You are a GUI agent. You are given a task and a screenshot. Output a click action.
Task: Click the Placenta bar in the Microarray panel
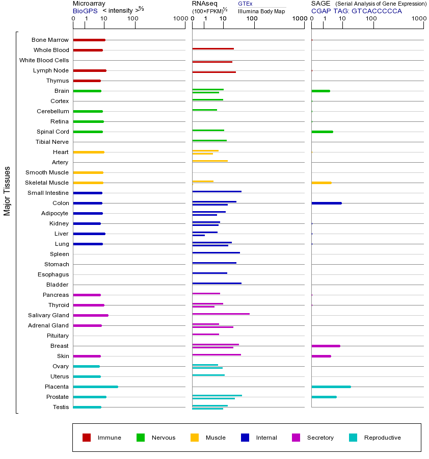pos(95,387)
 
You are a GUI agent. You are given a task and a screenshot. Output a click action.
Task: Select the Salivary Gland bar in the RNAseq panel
pos(221,314)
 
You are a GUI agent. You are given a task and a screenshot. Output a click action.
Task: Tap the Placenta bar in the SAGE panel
pos(331,387)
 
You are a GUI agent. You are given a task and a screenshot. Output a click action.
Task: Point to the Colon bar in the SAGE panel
pos(326,203)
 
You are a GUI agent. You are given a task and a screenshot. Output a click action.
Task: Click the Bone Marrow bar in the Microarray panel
pos(89,40)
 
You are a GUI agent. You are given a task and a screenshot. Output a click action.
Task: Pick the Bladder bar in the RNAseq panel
pos(217,283)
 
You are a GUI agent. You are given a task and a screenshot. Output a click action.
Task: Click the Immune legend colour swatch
pos(87,438)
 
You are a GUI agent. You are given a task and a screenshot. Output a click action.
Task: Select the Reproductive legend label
pos(382,438)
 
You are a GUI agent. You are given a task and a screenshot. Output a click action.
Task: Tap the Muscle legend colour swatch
pos(195,438)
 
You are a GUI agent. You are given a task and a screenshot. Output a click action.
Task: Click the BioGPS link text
pos(84,10)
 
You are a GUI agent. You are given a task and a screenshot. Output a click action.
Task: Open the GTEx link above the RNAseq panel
pos(245,4)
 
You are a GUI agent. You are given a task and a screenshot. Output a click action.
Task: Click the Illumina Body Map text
pos(261,11)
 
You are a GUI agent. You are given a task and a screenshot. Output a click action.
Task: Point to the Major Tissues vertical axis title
pos(7,190)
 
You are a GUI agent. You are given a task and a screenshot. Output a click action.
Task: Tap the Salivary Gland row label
pos(50,315)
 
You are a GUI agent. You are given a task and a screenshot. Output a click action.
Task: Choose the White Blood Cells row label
pos(44,60)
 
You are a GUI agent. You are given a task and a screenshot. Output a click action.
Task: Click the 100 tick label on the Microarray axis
pos(132,19)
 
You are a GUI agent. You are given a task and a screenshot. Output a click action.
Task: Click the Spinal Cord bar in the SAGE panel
pos(322,132)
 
